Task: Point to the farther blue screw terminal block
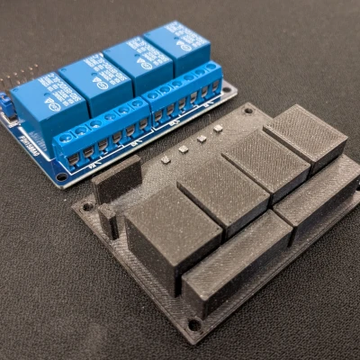point(185,93)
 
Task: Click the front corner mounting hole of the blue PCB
point(61,177)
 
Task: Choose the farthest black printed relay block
point(305,136)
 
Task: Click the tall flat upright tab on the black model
point(116,178)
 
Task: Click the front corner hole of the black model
point(194,323)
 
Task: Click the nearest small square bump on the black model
point(166,159)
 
